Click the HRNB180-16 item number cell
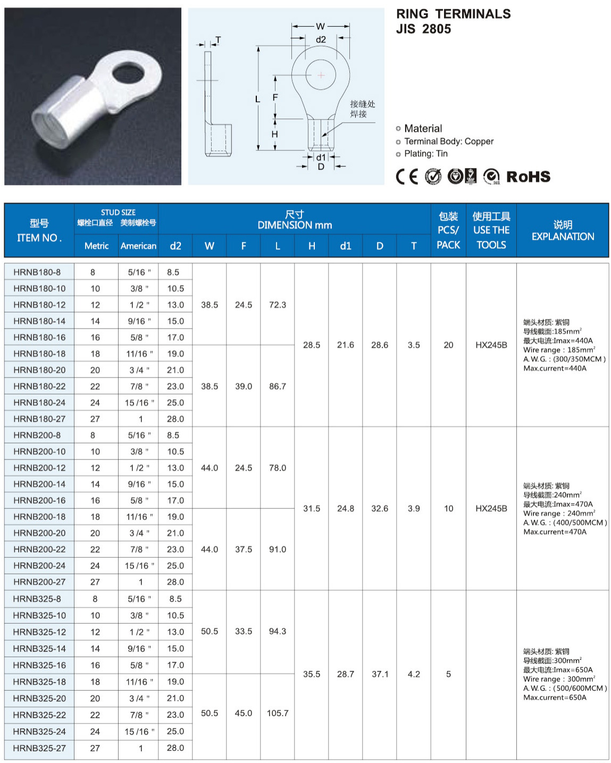[x=39, y=337]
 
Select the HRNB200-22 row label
[x=39, y=549]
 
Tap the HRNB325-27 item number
[x=39, y=748]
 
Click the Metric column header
[x=96, y=246]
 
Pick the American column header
[x=138, y=246]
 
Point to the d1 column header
[x=346, y=246]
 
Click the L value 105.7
[x=278, y=713]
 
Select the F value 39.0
[x=244, y=387]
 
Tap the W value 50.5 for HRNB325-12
[x=210, y=632]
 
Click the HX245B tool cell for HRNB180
[x=491, y=345]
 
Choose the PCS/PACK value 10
[x=448, y=509]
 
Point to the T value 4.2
[x=414, y=674]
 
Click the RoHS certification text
[x=528, y=177]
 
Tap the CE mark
[x=407, y=177]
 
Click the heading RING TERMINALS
[x=453, y=14]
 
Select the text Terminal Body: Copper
[x=449, y=141]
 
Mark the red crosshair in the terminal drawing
[x=321, y=75]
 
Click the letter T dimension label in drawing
[x=218, y=40]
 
